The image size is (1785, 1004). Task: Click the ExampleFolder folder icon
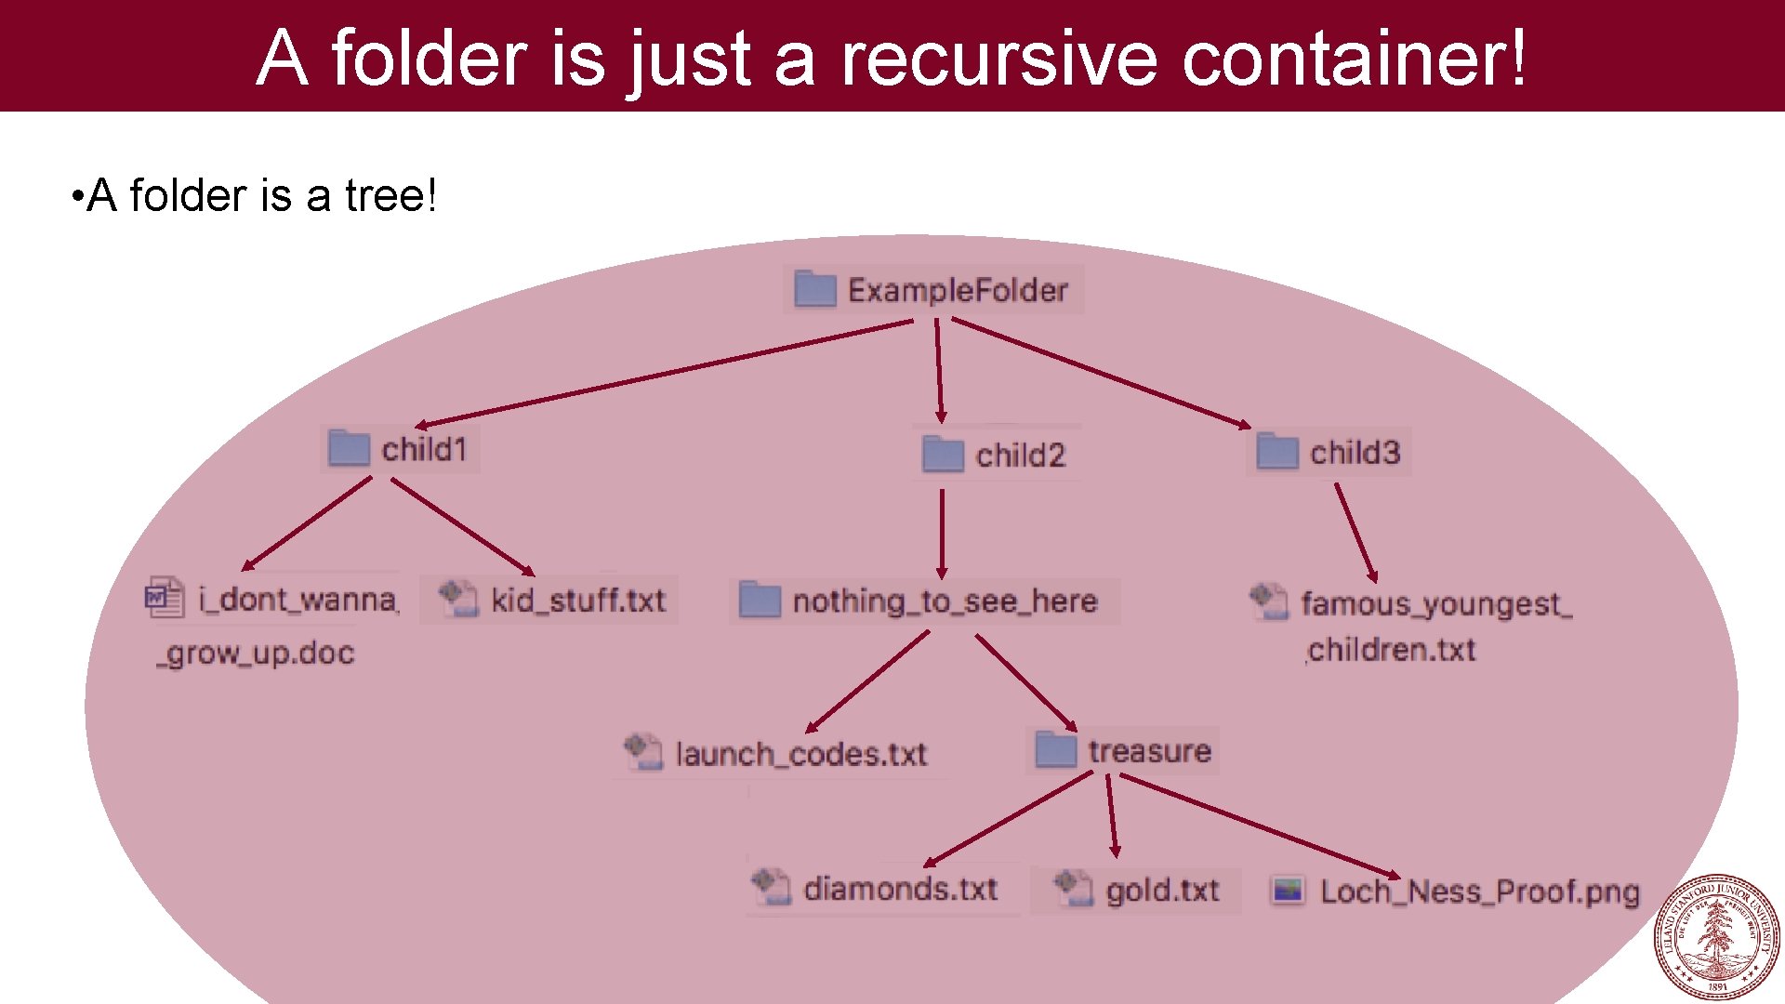pyautogui.click(x=815, y=289)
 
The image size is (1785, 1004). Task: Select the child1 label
pyautogui.click(x=424, y=450)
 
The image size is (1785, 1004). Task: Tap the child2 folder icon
pyautogui.click(x=943, y=455)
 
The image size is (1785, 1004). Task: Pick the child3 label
pyautogui.click(x=1355, y=453)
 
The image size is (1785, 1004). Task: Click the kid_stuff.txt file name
pyautogui.click(x=578, y=601)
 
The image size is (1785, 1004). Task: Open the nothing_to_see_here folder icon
pyautogui.click(x=760, y=600)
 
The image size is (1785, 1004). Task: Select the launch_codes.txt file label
pyautogui.click(x=801, y=754)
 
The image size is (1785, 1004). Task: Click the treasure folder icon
pyautogui.click(x=1055, y=749)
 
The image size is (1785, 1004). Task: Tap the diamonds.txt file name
pyautogui.click(x=900, y=889)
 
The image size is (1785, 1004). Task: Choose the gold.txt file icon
pyautogui.click(x=1074, y=888)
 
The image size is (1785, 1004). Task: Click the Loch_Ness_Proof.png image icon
pyautogui.click(x=1288, y=891)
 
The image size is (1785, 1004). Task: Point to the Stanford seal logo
pyautogui.click(x=1716, y=937)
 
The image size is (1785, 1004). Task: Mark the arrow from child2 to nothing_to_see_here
pyautogui.click(x=942, y=534)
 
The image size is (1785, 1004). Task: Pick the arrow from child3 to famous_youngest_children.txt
pyautogui.click(x=1355, y=532)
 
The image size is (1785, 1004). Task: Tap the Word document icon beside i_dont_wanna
pyautogui.click(x=165, y=598)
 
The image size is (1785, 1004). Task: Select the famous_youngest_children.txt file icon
pyautogui.click(x=1269, y=601)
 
